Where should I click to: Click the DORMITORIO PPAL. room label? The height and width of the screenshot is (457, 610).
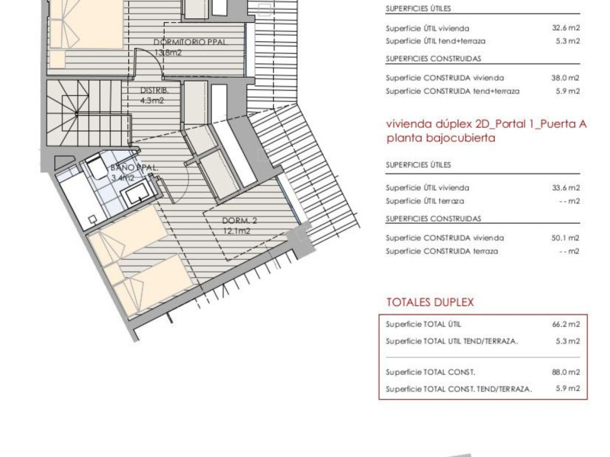tap(191, 42)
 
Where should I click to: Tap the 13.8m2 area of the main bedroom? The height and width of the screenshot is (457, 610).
tap(168, 53)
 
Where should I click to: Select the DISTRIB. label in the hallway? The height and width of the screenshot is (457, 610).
tap(154, 91)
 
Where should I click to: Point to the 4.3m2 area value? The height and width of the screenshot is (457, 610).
tap(152, 101)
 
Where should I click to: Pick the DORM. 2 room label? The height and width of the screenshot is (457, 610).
tap(239, 221)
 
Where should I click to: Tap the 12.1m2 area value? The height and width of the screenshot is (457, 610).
tap(236, 232)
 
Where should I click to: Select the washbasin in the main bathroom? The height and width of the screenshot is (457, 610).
tap(135, 194)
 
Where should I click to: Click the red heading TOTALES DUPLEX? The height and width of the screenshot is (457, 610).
tap(430, 302)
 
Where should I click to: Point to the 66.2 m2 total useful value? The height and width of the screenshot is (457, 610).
tap(566, 324)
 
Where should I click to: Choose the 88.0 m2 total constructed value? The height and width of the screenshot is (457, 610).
tap(566, 372)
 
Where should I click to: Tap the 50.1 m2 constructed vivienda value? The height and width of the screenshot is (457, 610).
tap(565, 238)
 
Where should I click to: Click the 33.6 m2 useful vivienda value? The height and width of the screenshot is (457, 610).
tap(566, 187)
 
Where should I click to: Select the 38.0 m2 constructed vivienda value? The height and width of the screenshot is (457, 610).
tap(565, 78)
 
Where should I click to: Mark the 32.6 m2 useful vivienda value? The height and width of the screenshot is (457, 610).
tap(566, 28)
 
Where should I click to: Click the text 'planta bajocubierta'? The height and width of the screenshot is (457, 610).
tap(441, 138)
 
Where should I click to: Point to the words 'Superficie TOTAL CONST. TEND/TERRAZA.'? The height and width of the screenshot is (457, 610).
tap(459, 388)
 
